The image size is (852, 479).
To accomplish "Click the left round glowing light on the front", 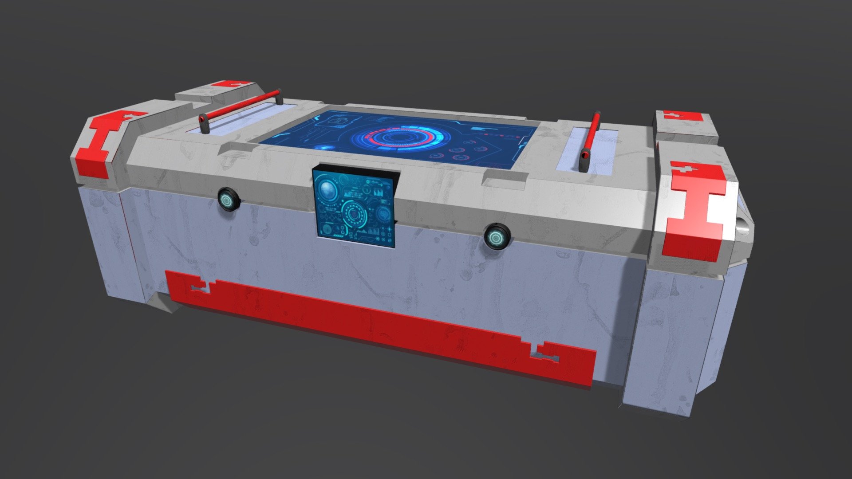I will [x=228, y=200].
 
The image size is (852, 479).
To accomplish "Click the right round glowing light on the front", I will [x=496, y=237].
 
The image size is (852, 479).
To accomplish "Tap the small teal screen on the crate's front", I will [x=354, y=207].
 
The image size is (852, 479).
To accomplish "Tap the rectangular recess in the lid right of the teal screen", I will [x=506, y=177].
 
